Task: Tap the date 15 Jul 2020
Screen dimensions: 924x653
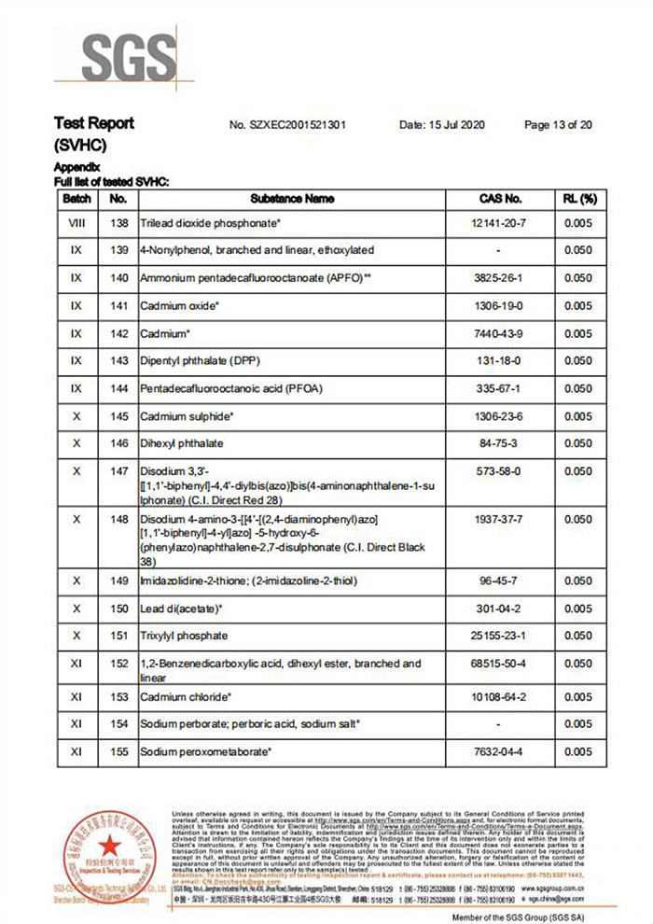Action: click(442, 125)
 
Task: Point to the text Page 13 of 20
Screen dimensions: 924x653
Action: click(559, 125)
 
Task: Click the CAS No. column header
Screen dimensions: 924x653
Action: click(500, 199)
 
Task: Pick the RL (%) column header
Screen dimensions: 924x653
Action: click(578, 199)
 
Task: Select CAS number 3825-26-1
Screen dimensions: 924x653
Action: click(500, 278)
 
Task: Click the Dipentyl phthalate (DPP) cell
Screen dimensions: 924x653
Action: click(199, 360)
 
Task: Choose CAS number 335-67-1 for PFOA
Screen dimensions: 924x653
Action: click(500, 388)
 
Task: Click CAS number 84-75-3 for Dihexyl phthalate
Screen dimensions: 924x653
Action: click(500, 443)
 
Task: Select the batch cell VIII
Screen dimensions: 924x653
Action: click(76, 224)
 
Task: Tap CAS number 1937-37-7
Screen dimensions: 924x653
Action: click(500, 518)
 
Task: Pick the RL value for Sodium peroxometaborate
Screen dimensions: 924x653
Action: click(578, 751)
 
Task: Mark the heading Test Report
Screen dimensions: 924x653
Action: click(94, 123)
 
